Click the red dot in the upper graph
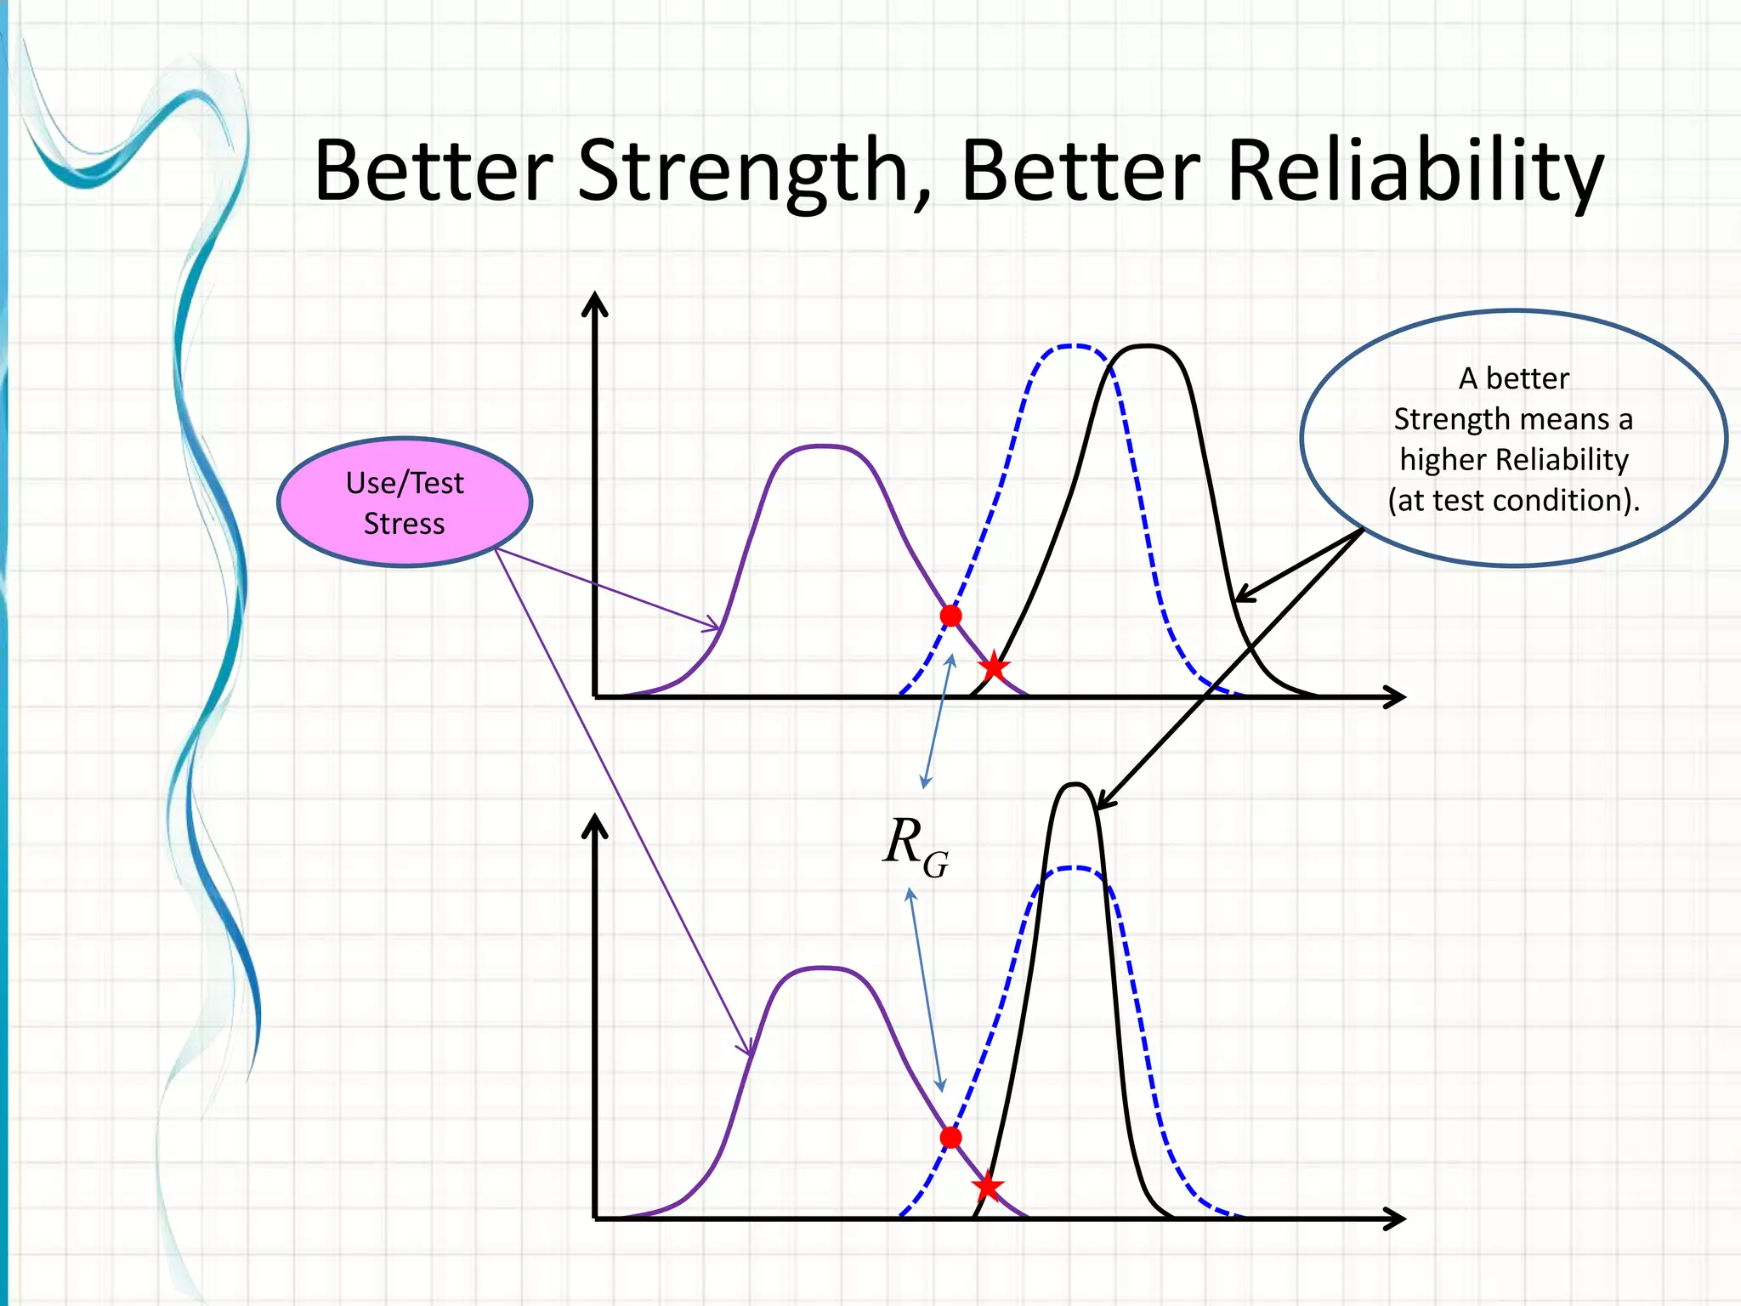click(950, 616)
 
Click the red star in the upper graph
click(993, 667)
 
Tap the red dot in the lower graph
click(950, 1138)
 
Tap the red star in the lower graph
click(987, 1186)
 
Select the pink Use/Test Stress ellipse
click(405, 503)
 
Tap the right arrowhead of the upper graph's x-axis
click(1394, 697)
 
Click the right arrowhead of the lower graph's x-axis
click(1394, 1219)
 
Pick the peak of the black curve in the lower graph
click(1075, 784)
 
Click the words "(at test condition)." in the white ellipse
click(1513, 500)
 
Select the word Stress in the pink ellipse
click(405, 524)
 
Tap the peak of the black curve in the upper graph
click(1147, 346)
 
